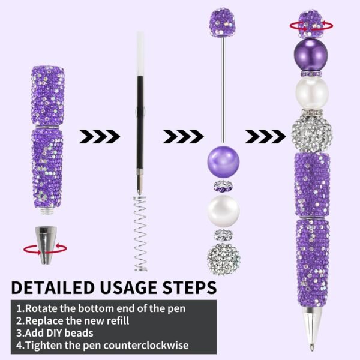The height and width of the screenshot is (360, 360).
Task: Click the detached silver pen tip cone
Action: pos(46,245)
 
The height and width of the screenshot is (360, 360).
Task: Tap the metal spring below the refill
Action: pos(140,233)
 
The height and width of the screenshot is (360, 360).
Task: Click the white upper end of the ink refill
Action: pos(140,54)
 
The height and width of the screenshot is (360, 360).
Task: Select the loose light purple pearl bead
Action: pos(223,162)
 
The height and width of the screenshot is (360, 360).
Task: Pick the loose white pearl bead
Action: pos(223,211)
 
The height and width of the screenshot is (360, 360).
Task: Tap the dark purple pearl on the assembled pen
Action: pos(311,54)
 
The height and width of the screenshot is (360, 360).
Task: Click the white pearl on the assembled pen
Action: pos(311,92)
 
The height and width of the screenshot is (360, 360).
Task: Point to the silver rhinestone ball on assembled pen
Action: pos(312,134)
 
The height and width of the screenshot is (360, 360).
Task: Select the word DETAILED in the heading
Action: pos(53,287)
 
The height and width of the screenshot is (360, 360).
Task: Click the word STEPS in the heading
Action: pos(190,287)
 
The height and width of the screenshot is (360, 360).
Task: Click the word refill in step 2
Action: pos(116,320)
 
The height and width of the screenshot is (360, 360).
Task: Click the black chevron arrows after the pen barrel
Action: pos(100,136)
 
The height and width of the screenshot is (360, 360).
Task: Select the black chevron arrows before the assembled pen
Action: pos(266,136)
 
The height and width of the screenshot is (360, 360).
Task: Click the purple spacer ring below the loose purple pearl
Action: pos(223,187)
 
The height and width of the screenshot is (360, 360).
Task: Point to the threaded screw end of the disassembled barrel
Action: pos(46,211)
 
